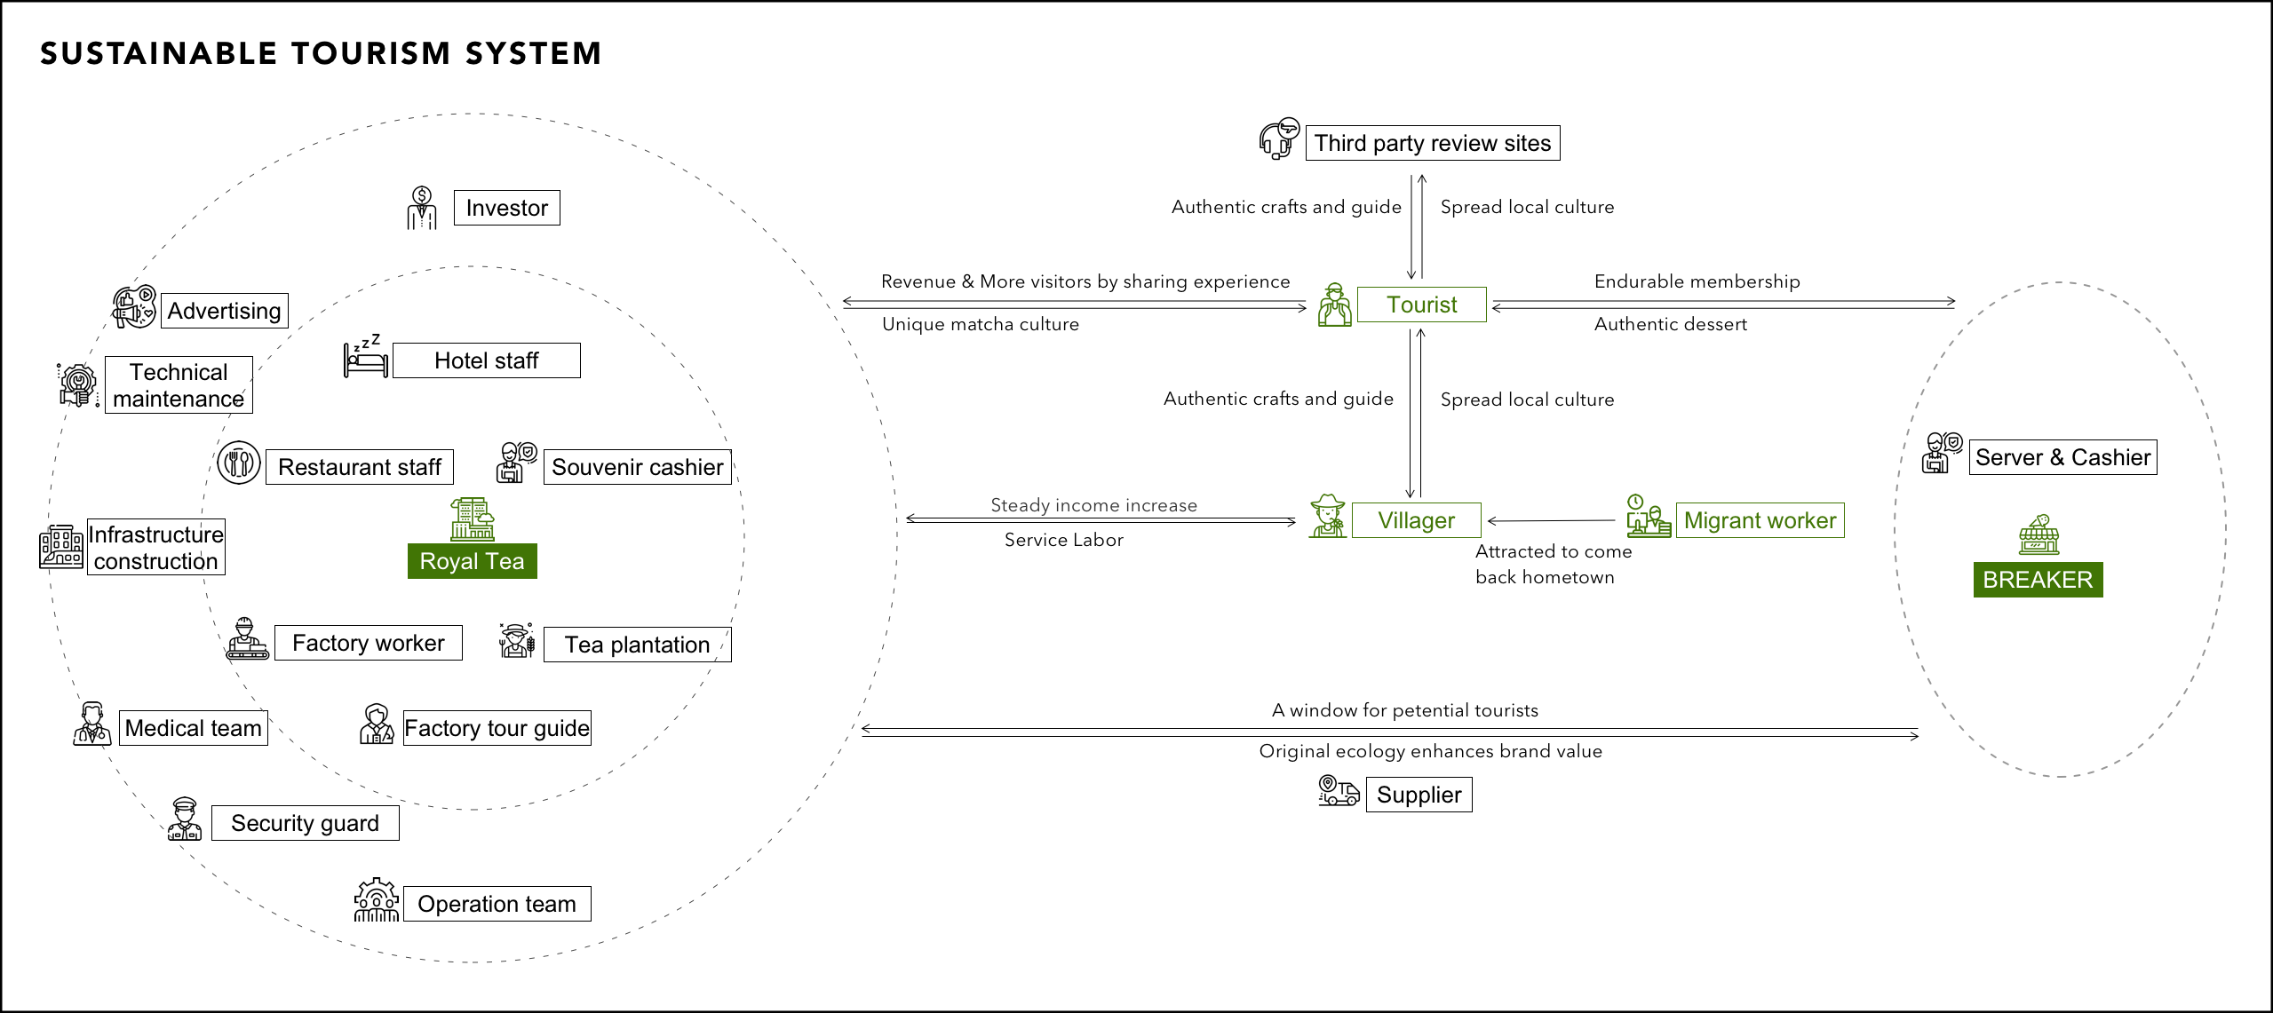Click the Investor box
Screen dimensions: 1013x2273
click(x=506, y=208)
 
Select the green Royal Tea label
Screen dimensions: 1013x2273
click(x=472, y=561)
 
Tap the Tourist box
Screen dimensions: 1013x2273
click(x=1421, y=305)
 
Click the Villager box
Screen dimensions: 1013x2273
click(x=1416, y=520)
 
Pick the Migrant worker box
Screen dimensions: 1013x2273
click(x=1760, y=520)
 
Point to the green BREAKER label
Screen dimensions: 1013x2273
click(x=2038, y=580)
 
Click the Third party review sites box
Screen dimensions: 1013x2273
click(x=1432, y=143)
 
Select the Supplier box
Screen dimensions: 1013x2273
click(x=1419, y=795)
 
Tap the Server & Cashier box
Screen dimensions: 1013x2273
click(x=2062, y=457)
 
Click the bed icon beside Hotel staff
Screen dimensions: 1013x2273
click(x=366, y=359)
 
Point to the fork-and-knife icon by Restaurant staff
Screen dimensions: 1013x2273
click(x=239, y=463)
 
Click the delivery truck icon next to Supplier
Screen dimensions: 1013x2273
click(x=1339, y=790)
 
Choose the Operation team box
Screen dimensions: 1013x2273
click(x=497, y=904)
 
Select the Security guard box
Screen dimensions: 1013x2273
click(x=305, y=823)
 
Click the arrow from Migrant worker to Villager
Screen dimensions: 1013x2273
click(x=1550, y=521)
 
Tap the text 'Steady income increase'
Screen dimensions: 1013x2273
click(x=1093, y=505)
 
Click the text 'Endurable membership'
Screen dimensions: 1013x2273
click(x=1697, y=281)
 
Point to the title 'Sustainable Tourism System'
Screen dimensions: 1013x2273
click(x=321, y=53)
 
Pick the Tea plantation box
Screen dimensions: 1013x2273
click(x=637, y=645)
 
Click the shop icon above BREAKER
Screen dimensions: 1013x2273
click(x=2039, y=534)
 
